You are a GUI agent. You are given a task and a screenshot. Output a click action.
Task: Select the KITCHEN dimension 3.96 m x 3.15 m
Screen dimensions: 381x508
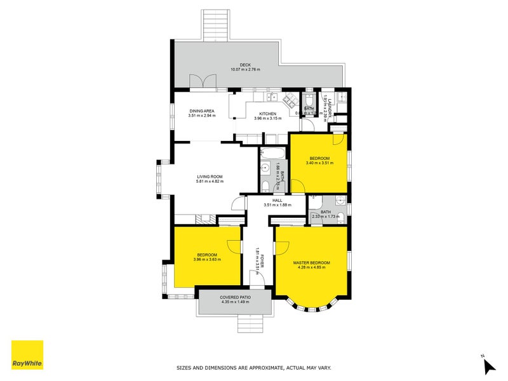250,119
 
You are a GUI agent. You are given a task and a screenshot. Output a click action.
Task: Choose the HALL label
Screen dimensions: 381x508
277,200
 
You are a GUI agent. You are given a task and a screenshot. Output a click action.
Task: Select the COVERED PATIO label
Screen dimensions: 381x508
235,297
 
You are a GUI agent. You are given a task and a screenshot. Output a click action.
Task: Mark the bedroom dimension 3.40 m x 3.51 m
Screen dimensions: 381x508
319,163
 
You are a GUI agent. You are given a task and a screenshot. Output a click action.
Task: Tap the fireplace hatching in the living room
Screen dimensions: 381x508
204,219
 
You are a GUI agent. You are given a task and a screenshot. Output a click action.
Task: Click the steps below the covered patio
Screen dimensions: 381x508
250,324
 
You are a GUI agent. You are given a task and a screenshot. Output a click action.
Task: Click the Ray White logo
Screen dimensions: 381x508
27,355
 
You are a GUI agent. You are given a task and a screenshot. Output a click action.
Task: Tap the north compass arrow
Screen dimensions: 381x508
488,366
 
